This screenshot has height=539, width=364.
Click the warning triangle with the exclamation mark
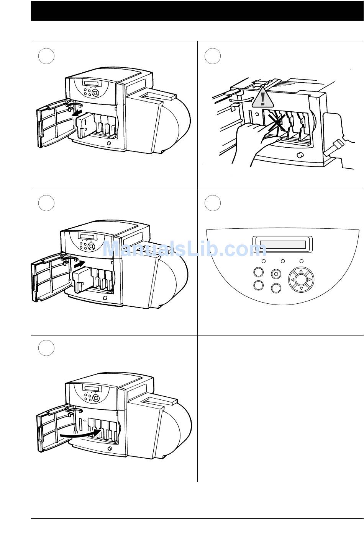click(x=263, y=98)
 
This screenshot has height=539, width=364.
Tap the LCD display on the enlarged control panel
click(x=282, y=244)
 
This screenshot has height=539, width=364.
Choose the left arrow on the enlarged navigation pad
click(x=292, y=280)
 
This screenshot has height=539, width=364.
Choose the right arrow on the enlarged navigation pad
click(x=310, y=279)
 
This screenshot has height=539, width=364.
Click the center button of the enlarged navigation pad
click(x=301, y=279)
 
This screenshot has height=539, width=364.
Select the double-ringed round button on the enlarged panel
click(x=276, y=274)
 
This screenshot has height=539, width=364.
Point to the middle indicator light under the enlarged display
click(x=283, y=261)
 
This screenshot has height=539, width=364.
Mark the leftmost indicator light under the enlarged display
click(x=264, y=261)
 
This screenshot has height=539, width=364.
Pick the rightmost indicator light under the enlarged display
click(x=301, y=261)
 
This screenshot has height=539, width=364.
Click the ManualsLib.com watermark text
click(x=185, y=249)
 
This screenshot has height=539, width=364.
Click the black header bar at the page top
click(x=197, y=11)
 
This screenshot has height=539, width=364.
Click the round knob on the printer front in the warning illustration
click(x=300, y=155)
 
